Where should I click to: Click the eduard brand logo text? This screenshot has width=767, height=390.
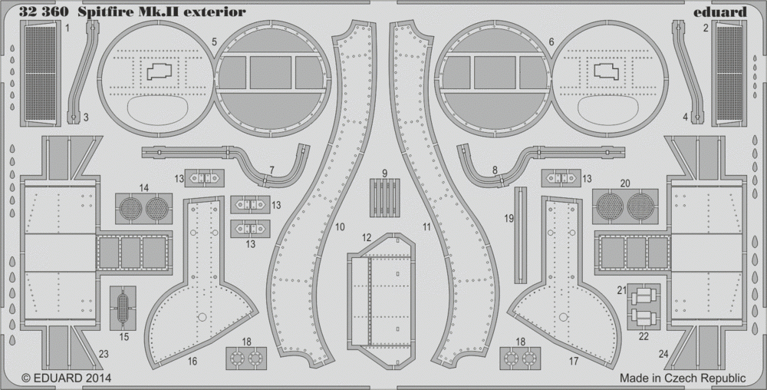click(719, 12)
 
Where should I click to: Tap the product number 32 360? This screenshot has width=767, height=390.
click(44, 12)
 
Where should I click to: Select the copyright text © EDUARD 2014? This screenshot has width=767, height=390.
click(67, 378)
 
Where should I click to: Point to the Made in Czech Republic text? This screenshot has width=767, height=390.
click(683, 378)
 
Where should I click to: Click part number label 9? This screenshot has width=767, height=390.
click(385, 174)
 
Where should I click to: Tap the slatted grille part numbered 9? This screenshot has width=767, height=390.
click(384, 198)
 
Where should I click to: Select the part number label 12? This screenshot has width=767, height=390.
click(367, 238)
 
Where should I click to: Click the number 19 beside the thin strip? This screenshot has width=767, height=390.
click(509, 219)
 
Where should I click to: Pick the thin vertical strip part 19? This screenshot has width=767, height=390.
click(521, 235)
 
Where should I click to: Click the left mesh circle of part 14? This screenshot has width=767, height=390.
click(130, 209)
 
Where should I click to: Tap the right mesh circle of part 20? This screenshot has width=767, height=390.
click(640, 207)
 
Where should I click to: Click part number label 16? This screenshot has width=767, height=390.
click(193, 362)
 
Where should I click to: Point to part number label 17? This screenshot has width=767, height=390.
click(573, 361)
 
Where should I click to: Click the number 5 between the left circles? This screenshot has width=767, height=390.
click(214, 41)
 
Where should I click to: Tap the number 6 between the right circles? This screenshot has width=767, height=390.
click(551, 42)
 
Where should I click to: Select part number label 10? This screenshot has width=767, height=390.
click(340, 227)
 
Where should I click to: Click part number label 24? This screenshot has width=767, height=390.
click(663, 354)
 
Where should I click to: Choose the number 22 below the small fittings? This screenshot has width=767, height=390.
click(644, 336)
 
